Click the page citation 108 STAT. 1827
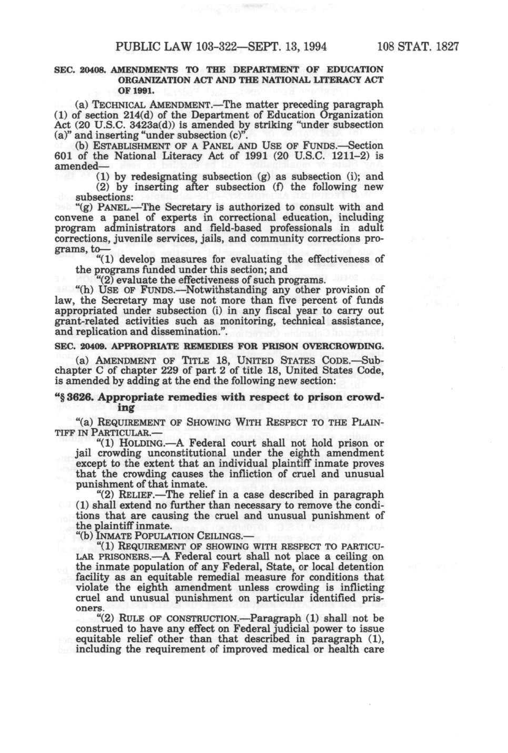[417, 47]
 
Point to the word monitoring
[244, 321]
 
